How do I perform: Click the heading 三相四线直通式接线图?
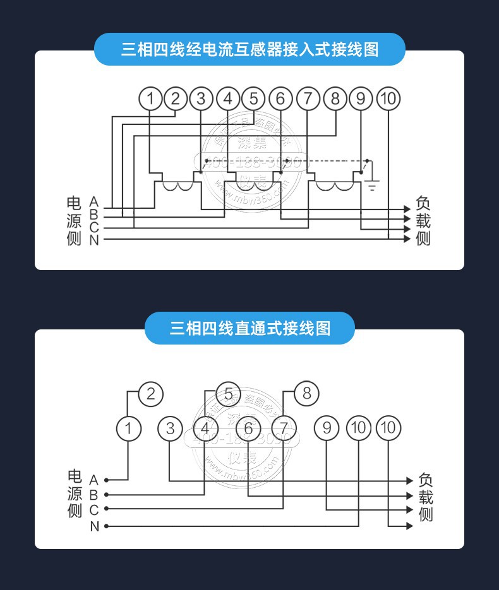pyautogui.click(x=249, y=328)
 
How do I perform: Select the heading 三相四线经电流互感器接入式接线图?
pyautogui.click(x=249, y=49)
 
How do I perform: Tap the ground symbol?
pyautogui.click(x=373, y=184)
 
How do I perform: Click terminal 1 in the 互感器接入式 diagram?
pyautogui.click(x=150, y=98)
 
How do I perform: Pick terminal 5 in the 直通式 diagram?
pyautogui.click(x=228, y=394)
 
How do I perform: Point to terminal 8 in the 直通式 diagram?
pyautogui.click(x=306, y=394)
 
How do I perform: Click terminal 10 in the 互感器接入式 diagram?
pyautogui.click(x=388, y=98)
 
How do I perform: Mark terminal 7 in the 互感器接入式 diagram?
pyautogui.click(x=308, y=98)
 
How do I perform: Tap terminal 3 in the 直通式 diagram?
pyautogui.click(x=169, y=428)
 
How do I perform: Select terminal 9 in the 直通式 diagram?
pyautogui.click(x=327, y=428)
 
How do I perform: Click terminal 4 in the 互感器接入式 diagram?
pyautogui.click(x=227, y=98)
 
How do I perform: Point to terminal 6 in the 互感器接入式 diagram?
pyautogui.click(x=280, y=98)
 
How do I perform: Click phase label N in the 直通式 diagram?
pyautogui.click(x=94, y=526)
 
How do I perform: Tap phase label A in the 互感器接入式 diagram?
pyautogui.click(x=94, y=201)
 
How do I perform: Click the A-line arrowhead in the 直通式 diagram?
pyautogui.click(x=409, y=481)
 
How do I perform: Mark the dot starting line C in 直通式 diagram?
pyautogui.click(x=106, y=509)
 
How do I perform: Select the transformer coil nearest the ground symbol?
pyautogui.click(x=335, y=186)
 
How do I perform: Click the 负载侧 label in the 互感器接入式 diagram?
pyautogui.click(x=423, y=221)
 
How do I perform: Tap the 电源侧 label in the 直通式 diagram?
pyautogui.click(x=75, y=493)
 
